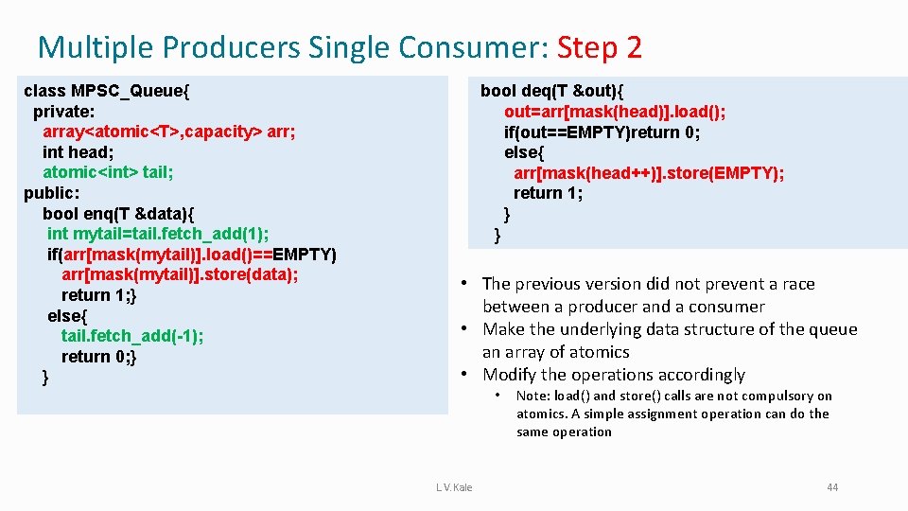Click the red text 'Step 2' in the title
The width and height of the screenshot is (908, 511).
click(600, 46)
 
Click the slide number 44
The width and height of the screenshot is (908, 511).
click(831, 487)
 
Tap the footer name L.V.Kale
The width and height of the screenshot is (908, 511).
click(454, 487)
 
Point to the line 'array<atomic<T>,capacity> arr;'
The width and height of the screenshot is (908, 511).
click(168, 132)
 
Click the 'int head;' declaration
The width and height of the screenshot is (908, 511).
click(79, 152)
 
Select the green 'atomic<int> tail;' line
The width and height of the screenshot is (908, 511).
click(108, 172)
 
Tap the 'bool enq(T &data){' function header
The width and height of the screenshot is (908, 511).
click(118, 214)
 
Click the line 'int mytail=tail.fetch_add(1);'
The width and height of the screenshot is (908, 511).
click(158, 234)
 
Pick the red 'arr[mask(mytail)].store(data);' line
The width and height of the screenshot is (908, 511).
click(180, 274)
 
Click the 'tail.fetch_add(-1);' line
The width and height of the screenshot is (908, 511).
click(131, 336)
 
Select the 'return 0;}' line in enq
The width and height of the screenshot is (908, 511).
click(99, 357)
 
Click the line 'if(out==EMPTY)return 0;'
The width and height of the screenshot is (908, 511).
click(602, 132)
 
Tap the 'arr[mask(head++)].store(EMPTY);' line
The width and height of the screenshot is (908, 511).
click(649, 173)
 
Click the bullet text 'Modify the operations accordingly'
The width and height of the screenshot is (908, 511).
click(613, 375)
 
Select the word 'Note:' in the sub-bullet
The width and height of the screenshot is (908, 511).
click(533, 396)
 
